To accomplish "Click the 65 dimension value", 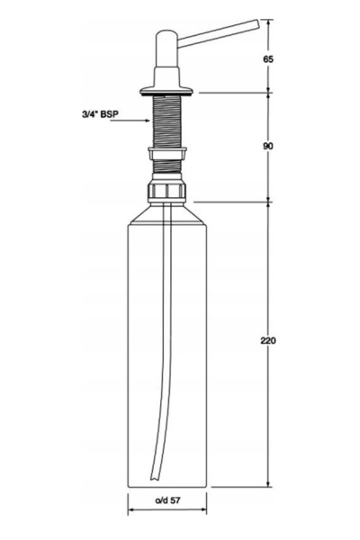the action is coord(268,59).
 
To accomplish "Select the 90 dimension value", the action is coord(268,146).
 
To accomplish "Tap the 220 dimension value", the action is coord(268,340).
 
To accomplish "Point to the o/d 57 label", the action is coord(167,500).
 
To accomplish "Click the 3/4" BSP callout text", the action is coord(100,114).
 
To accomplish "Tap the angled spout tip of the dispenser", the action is coord(256,23).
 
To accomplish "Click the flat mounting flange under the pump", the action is coord(166,91).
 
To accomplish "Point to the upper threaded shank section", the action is coord(166,121).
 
